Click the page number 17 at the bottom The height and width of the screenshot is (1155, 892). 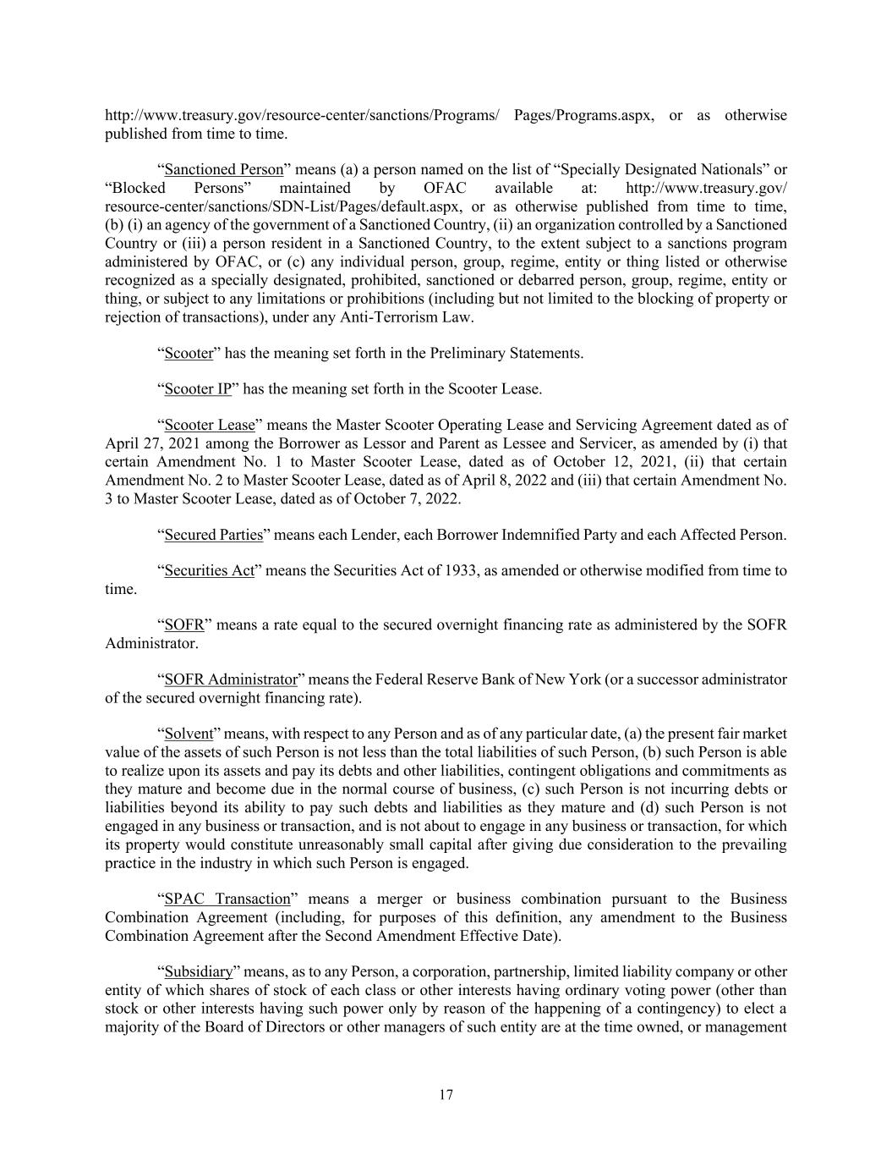point(446,1095)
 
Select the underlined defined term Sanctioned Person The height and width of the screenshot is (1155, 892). point(223,170)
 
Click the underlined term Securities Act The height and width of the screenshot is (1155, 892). point(209,571)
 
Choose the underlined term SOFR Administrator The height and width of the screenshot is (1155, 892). point(231,679)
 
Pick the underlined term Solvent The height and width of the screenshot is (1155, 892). point(189,734)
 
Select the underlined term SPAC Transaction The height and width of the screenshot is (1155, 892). point(227,899)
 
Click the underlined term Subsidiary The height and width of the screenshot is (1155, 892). point(198,971)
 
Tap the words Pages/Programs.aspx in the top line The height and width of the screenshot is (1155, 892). point(583,115)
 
